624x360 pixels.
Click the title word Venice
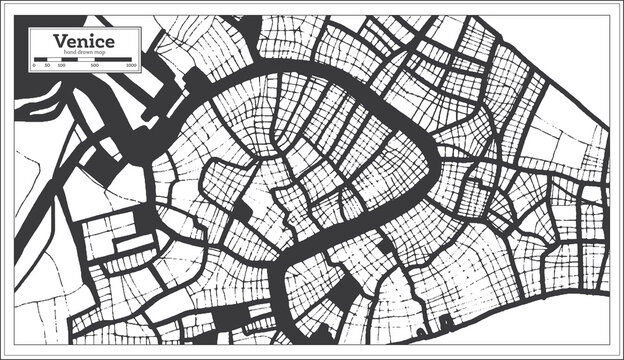pos(86,40)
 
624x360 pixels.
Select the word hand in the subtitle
pos(69,51)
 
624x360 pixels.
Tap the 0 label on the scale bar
pos(35,64)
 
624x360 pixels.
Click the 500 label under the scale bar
pos(95,64)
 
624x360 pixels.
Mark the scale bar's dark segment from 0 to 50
pos(40,58)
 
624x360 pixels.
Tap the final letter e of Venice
pos(107,41)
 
